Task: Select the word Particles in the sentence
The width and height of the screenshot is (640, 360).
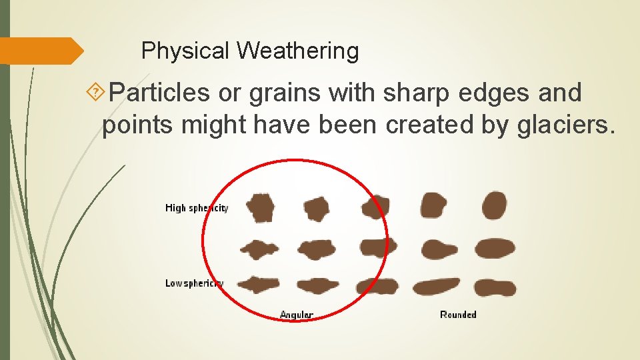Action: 159,93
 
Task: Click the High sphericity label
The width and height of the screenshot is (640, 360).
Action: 197,208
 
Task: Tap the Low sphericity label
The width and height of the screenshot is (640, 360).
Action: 194,283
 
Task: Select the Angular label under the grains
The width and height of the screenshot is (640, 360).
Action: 297,315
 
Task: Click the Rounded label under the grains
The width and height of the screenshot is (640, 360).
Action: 458,315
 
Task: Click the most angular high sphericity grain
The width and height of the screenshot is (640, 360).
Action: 259,207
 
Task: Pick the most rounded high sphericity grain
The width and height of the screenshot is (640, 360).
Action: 494,205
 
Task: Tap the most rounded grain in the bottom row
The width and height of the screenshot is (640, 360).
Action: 495,287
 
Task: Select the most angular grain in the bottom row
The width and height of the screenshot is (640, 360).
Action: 257,285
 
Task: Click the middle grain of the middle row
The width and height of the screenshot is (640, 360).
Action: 378,247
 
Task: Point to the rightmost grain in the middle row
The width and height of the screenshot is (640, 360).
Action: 495,248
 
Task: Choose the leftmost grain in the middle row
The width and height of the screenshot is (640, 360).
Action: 259,250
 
